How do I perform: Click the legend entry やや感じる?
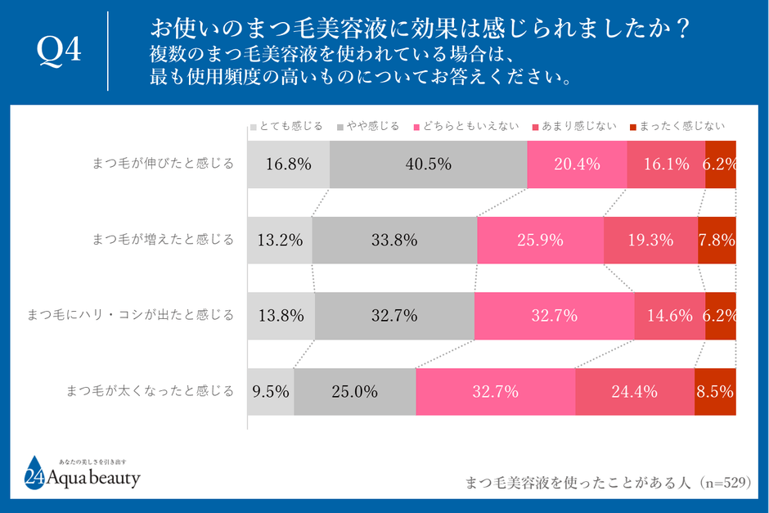pos(372,126)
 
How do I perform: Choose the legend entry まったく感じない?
pos(676,126)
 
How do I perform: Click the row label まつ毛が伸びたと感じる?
pos(163,164)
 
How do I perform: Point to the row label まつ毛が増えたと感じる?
pos(163,240)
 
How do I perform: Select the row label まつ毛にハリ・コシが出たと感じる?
pos(131,315)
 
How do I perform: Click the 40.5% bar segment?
pos(428,164)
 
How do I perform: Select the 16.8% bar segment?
pos(288,164)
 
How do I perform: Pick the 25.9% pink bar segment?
pos(540,240)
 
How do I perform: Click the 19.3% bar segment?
pos(650,240)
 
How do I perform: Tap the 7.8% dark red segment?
pos(717,240)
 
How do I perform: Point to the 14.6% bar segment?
pos(669,315)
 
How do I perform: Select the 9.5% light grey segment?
pos(271,391)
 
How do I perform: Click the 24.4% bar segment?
pos(635,391)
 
